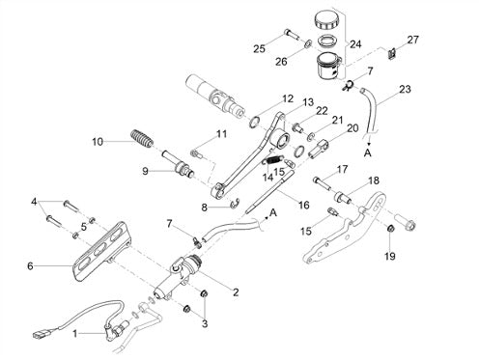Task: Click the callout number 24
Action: pyautogui.click(x=355, y=44)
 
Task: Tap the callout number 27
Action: pyautogui.click(x=413, y=40)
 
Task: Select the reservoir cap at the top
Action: pyautogui.click(x=326, y=20)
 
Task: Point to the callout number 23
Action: pyautogui.click(x=405, y=89)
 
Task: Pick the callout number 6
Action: pyautogui.click(x=30, y=266)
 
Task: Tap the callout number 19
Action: pyautogui.click(x=390, y=257)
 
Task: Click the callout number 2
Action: pyautogui.click(x=236, y=292)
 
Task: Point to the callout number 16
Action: pyautogui.click(x=304, y=205)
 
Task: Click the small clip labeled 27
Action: pyautogui.click(x=390, y=53)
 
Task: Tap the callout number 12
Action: pyautogui.click(x=288, y=98)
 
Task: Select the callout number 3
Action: pyautogui.click(x=205, y=323)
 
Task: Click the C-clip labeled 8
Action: pyautogui.click(x=236, y=204)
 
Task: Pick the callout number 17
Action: pyautogui.click(x=343, y=169)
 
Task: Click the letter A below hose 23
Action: pyautogui.click(x=367, y=153)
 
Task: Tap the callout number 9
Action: pyautogui.click(x=146, y=171)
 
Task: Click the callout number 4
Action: pyautogui.click(x=34, y=202)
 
